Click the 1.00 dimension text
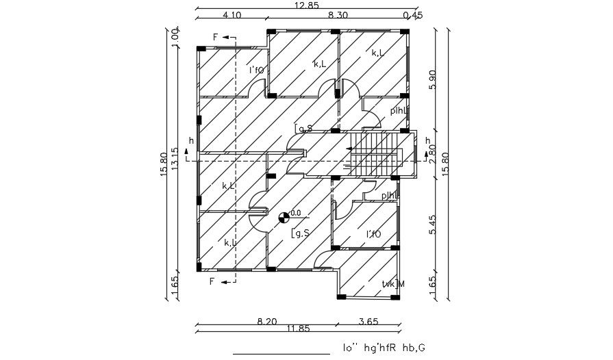(175, 37)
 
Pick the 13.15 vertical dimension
(175, 159)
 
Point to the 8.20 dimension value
(267, 320)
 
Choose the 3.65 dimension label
(368, 320)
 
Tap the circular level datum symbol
(284, 218)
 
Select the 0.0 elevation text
(295, 212)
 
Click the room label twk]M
(392, 284)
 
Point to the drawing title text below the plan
(384, 348)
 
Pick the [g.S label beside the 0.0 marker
(302, 234)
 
